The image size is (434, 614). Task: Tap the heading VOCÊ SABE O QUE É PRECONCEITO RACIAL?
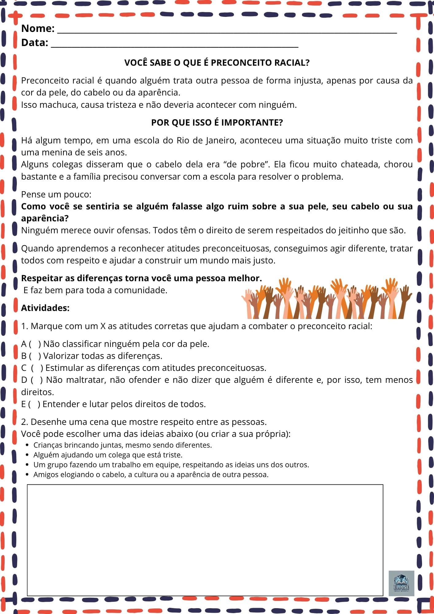click(217, 63)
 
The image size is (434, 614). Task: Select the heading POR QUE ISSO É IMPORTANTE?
click(217, 122)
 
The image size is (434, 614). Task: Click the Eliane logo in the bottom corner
click(401, 583)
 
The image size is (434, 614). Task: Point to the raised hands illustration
click(327, 298)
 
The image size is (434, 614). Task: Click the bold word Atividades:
click(45, 308)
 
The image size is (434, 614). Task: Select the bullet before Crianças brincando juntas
click(28, 445)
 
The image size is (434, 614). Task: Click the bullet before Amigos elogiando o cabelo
click(28, 475)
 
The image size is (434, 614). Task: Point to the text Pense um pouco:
click(56, 195)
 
